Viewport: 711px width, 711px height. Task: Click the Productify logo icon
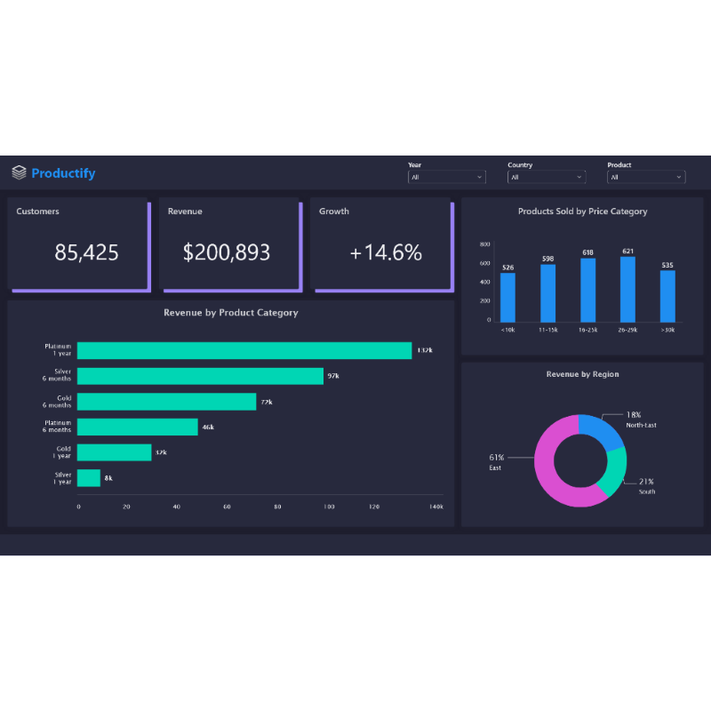click(20, 172)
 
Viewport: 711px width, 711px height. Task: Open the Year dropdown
click(447, 177)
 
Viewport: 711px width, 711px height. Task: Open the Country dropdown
click(547, 177)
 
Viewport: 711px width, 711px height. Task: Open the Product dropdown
click(646, 177)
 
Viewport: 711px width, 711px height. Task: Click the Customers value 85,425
click(86, 252)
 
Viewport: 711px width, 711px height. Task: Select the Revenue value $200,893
click(227, 252)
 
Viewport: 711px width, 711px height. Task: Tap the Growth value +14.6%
click(386, 252)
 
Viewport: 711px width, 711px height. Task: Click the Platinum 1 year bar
click(244, 350)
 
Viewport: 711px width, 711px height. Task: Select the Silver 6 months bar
click(200, 376)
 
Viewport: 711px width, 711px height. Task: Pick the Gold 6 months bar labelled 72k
click(166, 402)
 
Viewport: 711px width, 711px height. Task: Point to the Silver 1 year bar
click(89, 478)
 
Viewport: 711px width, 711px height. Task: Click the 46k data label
click(208, 427)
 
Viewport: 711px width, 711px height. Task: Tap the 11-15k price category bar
click(547, 293)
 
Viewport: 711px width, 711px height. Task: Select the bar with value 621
click(627, 289)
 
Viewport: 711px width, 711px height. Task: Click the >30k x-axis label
click(667, 330)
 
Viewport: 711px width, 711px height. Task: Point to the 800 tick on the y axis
click(484, 244)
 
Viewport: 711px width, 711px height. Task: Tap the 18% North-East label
click(634, 415)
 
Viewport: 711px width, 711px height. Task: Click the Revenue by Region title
click(582, 374)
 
